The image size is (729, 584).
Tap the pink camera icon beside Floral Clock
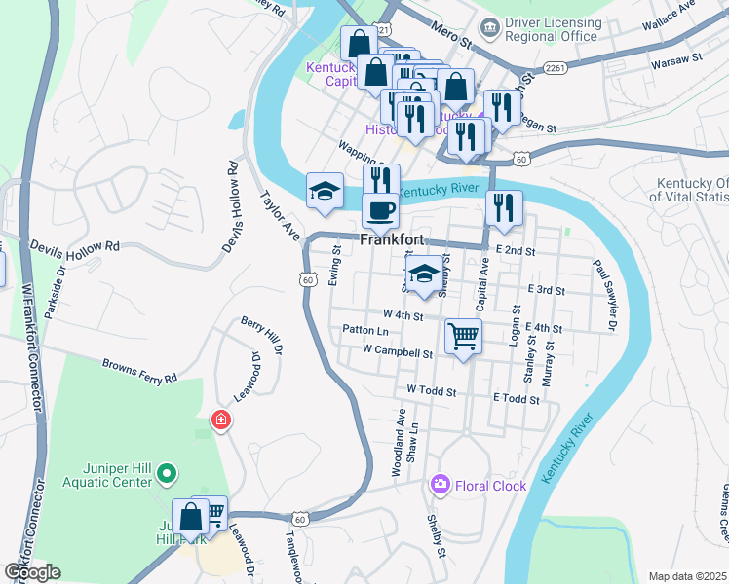pyautogui.click(x=441, y=484)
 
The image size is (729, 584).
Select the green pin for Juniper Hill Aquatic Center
pyautogui.click(x=167, y=474)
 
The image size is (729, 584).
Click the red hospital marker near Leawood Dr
pyautogui.click(x=221, y=420)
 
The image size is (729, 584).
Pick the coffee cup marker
pyautogui.click(x=380, y=210)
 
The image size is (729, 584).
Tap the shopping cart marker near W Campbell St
pyautogui.click(x=463, y=337)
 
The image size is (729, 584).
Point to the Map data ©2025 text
pyautogui.click(x=688, y=576)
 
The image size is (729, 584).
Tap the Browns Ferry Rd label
pyautogui.click(x=140, y=370)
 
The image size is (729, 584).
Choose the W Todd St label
pyautogui.click(x=431, y=389)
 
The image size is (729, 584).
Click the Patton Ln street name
pyautogui.click(x=366, y=330)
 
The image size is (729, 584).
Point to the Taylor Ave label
pyautogui.click(x=278, y=214)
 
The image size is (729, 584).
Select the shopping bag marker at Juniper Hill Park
pyautogui.click(x=190, y=517)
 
